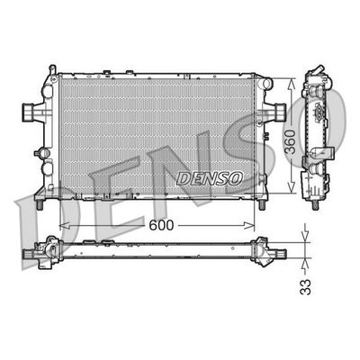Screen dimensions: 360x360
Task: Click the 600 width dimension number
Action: pos(161,225)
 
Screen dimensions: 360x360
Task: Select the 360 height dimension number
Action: pos(291,142)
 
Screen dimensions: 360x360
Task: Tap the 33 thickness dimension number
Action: pos(306,287)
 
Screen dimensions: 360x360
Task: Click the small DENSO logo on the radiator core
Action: pos(210,179)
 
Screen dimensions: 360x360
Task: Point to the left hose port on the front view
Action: pos(28,112)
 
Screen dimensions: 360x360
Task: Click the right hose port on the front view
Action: pos(280,112)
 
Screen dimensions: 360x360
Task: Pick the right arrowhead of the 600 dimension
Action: pos(249,225)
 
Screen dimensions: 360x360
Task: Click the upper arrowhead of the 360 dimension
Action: pos(291,84)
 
